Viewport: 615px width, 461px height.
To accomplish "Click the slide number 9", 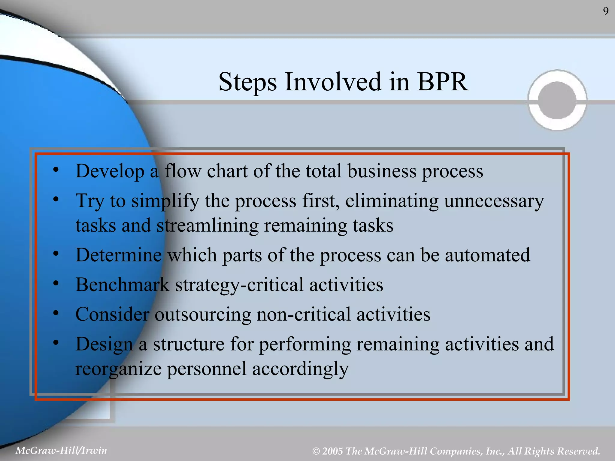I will point(606,11).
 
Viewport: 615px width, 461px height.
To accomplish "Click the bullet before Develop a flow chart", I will point(56,170).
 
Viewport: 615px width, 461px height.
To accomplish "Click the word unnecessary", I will point(494,201).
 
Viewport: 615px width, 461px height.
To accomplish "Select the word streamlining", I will point(207,226).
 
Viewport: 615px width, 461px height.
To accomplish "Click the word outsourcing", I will point(203,315).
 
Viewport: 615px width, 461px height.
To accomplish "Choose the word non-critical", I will point(304,315).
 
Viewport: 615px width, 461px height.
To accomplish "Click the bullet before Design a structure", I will point(56,343).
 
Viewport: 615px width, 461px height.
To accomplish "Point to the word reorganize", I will point(118,369).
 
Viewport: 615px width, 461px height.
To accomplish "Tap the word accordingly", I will point(300,369).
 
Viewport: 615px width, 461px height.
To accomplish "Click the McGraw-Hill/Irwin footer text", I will point(61,450).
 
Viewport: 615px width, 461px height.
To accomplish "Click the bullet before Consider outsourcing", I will point(56,313).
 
